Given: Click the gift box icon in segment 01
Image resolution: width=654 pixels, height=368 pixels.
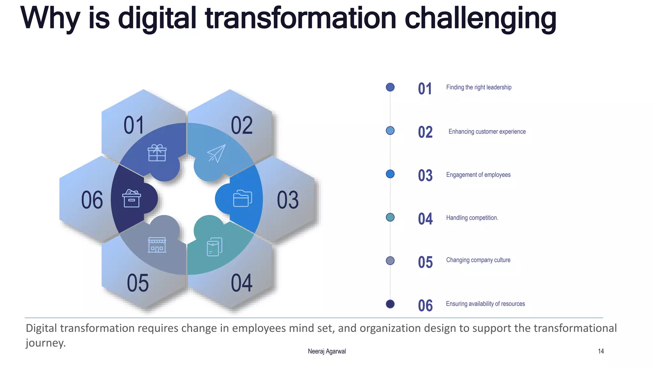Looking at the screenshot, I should coord(157,153).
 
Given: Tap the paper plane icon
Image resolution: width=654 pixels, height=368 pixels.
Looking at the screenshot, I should coord(216,153).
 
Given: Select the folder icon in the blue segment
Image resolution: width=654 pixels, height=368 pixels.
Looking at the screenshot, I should coord(242,198).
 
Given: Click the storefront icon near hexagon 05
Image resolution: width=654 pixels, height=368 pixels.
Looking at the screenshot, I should coord(157,245).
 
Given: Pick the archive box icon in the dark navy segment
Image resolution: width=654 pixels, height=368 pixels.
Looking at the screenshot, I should coord(132,198).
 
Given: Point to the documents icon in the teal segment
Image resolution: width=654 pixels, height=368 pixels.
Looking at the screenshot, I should coord(215,247).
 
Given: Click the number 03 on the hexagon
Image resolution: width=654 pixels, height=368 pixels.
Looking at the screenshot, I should coord(288,200).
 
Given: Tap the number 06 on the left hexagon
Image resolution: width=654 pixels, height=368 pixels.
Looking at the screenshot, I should coord(92,200).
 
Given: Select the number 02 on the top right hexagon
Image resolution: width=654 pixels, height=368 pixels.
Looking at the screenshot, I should coord(242,126).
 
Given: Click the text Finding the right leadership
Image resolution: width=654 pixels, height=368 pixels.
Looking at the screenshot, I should coord(478,87).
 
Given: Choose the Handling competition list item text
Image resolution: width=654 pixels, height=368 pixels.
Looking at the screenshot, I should coord(472,218).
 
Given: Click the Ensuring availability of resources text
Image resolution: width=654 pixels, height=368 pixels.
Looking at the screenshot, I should coord(485,304).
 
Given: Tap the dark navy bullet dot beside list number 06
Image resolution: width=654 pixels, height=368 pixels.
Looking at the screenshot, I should coord(390,304).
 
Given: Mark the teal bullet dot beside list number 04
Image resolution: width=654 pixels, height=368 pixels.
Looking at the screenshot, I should coord(390,217).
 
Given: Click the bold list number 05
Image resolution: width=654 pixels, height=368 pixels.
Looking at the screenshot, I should coord(425,262).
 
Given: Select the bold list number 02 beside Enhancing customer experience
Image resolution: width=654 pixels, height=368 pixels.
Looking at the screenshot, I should coord(425,132).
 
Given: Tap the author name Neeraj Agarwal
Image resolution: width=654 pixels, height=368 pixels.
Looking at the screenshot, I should coord(327,351).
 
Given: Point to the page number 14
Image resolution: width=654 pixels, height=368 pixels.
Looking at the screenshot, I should coord(601,351).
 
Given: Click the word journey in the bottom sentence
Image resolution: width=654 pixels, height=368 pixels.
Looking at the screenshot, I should coord(45,343).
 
